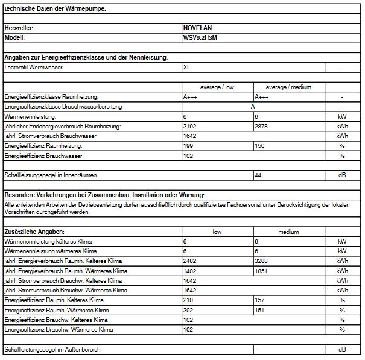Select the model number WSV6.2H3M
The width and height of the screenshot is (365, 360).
[x=200, y=37]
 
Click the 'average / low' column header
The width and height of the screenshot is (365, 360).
[x=217, y=87]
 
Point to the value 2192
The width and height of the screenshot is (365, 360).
[x=189, y=126]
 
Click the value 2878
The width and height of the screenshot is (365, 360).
[x=262, y=126]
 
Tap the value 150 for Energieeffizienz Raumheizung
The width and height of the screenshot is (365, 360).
[x=260, y=146]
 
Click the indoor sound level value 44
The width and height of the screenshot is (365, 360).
[x=259, y=175]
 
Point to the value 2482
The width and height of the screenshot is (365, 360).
[x=189, y=261]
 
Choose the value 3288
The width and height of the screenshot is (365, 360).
[x=262, y=261]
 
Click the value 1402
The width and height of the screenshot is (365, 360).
[x=189, y=271]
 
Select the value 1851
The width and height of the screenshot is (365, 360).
[x=262, y=271]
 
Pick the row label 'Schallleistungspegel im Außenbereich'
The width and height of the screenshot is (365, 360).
[x=52, y=350]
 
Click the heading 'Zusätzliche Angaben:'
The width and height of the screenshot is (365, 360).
[x=34, y=231]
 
